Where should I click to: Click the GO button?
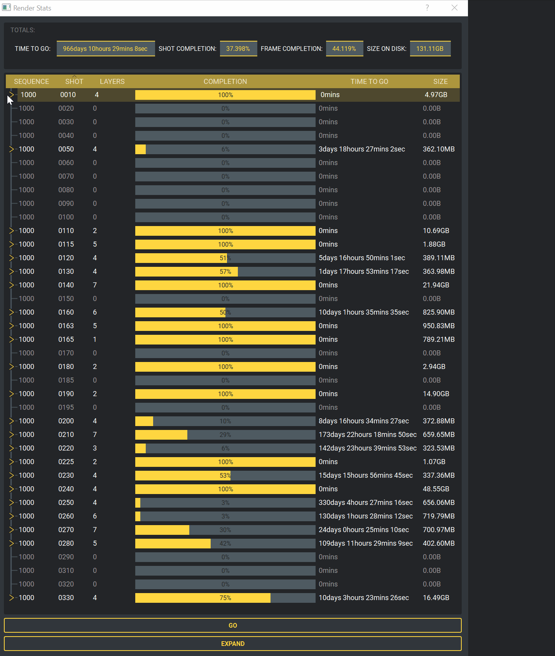(x=232, y=625)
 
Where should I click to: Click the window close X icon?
(x=454, y=8)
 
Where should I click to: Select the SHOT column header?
(x=74, y=82)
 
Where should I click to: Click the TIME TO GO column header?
(x=369, y=82)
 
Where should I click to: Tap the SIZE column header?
(x=440, y=82)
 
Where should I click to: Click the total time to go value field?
(x=105, y=49)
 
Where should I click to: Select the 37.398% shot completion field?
(x=238, y=49)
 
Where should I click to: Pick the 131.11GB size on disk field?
(x=430, y=49)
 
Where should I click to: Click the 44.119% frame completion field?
(x=344, y=49)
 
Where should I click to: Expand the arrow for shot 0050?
(x=11, y=149)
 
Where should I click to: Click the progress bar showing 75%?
(x=225, y=598)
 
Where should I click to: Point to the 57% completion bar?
(x=225, y=271)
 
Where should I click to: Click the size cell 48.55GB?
(x=436, y=489)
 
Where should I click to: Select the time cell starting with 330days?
(x=365, y=503)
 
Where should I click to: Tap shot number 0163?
(x=66, y=326)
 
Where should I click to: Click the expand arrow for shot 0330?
(x=11, y=598)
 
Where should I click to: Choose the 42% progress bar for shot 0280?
(x=225, y=543)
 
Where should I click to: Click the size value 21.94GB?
(x=436, y=285)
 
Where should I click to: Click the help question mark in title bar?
(x=427, y=8)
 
